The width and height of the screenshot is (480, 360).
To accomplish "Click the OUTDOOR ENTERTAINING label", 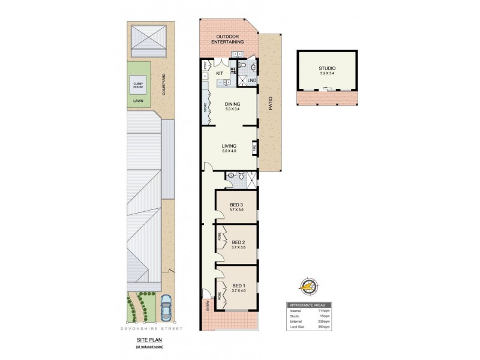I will tap(229, 39).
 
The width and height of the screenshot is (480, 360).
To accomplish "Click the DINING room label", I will tap(232, 103).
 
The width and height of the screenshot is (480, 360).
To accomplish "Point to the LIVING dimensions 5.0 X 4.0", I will tap(229, 151).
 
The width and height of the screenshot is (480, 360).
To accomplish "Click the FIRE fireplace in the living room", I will tap(255, 147).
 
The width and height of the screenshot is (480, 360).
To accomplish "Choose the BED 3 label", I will tap(236, 204).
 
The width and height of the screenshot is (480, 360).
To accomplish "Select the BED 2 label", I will tap(238, 241).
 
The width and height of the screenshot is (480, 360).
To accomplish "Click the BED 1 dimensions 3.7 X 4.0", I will tap(238, 291).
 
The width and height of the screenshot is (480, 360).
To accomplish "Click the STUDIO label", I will tap(327, 69).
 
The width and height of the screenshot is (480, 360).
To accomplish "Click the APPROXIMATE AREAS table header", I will tap(311, 304).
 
